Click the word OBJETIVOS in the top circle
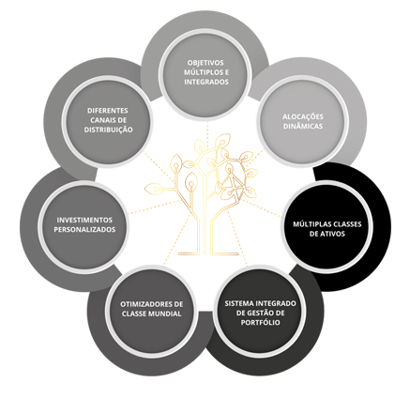[206, 62]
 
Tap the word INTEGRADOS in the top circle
[206, 82]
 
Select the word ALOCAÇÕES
[303, 116]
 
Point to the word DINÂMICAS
[303, 127]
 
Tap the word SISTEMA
[239, 303]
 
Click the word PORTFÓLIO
[260, 323]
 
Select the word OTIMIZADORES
[143, 304]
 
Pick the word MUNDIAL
[165, 314]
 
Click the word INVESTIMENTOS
[84, 220]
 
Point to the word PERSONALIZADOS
[84, 229]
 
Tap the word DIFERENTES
[108, 111]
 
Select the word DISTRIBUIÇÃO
[108, 130]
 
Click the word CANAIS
[100, 120]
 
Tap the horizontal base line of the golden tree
[208, 253]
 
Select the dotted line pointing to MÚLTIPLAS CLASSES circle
[262, 208]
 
